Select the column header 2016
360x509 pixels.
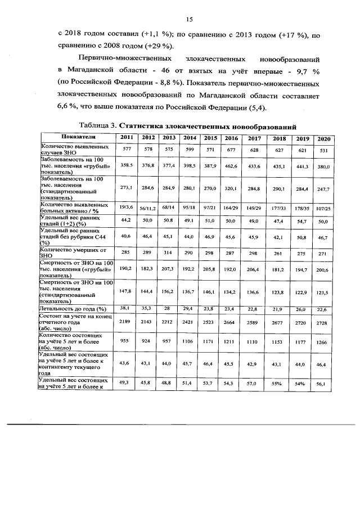[x=231, y=138]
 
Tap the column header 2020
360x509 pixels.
[x=323, y=138]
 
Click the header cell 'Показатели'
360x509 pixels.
[x=78, y=138]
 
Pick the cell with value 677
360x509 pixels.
[x=231, y=150]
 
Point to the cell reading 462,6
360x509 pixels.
[x=231, y=167]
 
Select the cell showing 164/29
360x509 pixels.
[x=231, y=208]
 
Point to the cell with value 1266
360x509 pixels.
[x=323, y=341]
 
